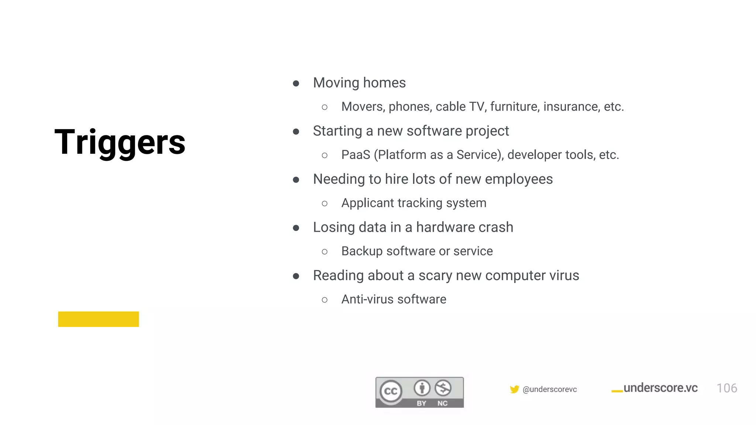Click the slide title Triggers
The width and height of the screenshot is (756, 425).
tap(120, 142)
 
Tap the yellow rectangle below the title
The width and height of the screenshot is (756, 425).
tap(99, 319)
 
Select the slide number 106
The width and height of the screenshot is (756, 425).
tap(726, 388)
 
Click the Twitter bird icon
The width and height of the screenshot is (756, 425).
tap(514, 389)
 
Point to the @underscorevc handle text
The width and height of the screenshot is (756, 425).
tap(550, 390)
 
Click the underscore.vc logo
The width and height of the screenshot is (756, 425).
tap(655, 388)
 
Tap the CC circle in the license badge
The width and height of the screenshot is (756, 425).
tap(391, 391)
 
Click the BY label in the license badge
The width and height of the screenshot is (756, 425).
tap(421, 403)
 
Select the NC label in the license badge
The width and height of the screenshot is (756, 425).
tap(442, 403)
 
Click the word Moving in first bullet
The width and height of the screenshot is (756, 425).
tap(336, 83)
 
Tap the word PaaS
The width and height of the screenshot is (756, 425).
tap(355, 155)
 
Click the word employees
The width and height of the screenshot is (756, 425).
tap(519, 179)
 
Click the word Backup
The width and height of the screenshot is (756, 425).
tap(362, 251)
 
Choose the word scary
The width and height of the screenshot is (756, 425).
tap(435, 276)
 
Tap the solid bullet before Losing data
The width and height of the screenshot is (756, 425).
tap(296, 228)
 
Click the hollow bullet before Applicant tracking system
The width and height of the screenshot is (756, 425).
tap(324, 204)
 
